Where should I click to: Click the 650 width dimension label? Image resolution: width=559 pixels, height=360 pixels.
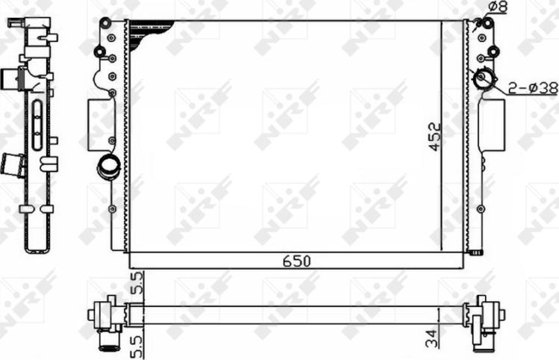click(x=296, y=261)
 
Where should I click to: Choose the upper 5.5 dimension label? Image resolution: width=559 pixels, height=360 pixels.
click(x=136, y=285)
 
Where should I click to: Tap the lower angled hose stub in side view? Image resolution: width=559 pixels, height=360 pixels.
click(x=13, y=164)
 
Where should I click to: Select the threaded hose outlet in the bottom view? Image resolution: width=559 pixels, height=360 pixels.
click(x=109, y=341)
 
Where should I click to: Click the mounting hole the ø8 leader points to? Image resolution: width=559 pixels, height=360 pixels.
click(x=487, y=22)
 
